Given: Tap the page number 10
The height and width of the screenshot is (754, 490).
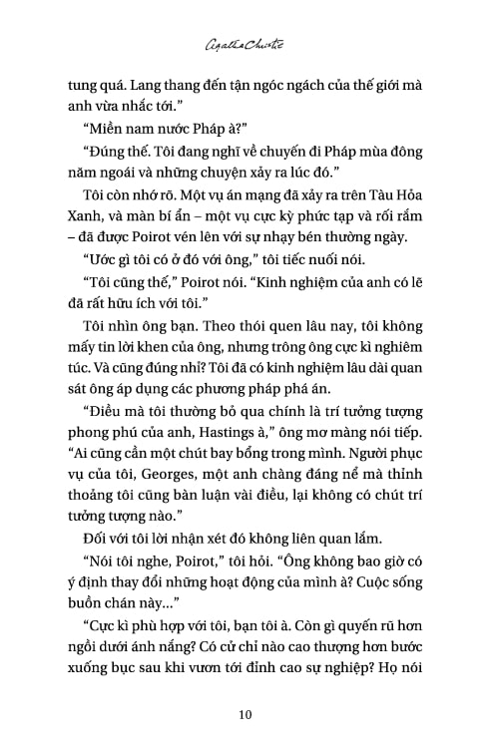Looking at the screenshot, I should tap(245, 713).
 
